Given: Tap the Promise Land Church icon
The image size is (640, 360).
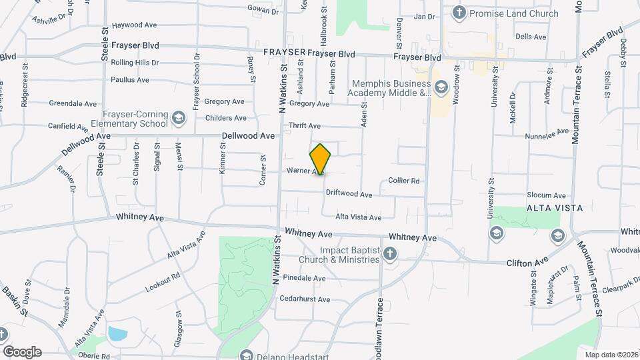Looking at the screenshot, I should pyautogui.click(x=459, y=13).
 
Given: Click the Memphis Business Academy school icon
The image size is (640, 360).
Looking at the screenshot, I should pyautogui.click(x=441, y=87).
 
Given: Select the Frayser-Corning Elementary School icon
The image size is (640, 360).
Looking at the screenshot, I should pyautogui.click(x=178, y=119).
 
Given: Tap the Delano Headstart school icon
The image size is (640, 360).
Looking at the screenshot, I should pyautogui.click(x=247, y=355).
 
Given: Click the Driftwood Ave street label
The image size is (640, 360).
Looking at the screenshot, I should pyautogui.click(x=349, y=194).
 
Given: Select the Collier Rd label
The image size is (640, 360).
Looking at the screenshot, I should pyautogui.click(x=403, y=181).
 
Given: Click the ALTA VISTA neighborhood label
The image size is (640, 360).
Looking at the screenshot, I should pyautogui.click(x=554, y=208).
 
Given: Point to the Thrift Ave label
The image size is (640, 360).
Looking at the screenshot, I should pyautogui.click(x=305, y=125).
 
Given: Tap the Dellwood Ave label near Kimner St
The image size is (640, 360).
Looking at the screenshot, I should pyautogui.click(x=248, y=135).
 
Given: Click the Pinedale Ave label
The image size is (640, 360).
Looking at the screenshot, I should pyautogui.click(x=304, y=277).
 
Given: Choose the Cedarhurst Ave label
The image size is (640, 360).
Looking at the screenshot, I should pyautogui.click(x=304, y=299).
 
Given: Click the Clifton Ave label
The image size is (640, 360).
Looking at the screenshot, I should pyautogui.click(x=527, y=261).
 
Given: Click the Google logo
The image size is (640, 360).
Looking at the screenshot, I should pyautogui.click(x=22, y=352).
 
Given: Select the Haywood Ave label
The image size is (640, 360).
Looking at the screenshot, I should pyautogui.click(x=134, y=25).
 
